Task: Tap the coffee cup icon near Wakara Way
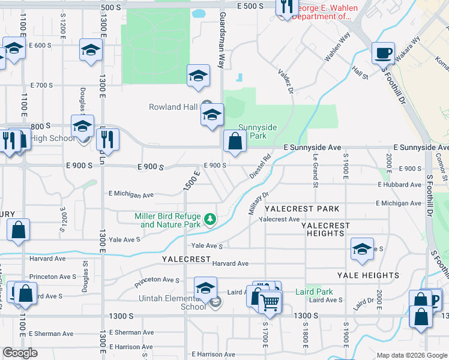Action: coord(383,53)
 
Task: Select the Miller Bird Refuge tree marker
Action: coord(209,220)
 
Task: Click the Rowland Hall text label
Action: coord(173,107)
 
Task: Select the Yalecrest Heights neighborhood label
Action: coord(325,229)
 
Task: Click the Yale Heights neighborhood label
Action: coord(368,275)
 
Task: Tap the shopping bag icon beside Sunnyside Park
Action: coord(235,142)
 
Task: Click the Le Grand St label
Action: coord(315,170)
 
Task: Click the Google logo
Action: coord(20,353)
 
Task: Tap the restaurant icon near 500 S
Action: coord(287,6)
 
